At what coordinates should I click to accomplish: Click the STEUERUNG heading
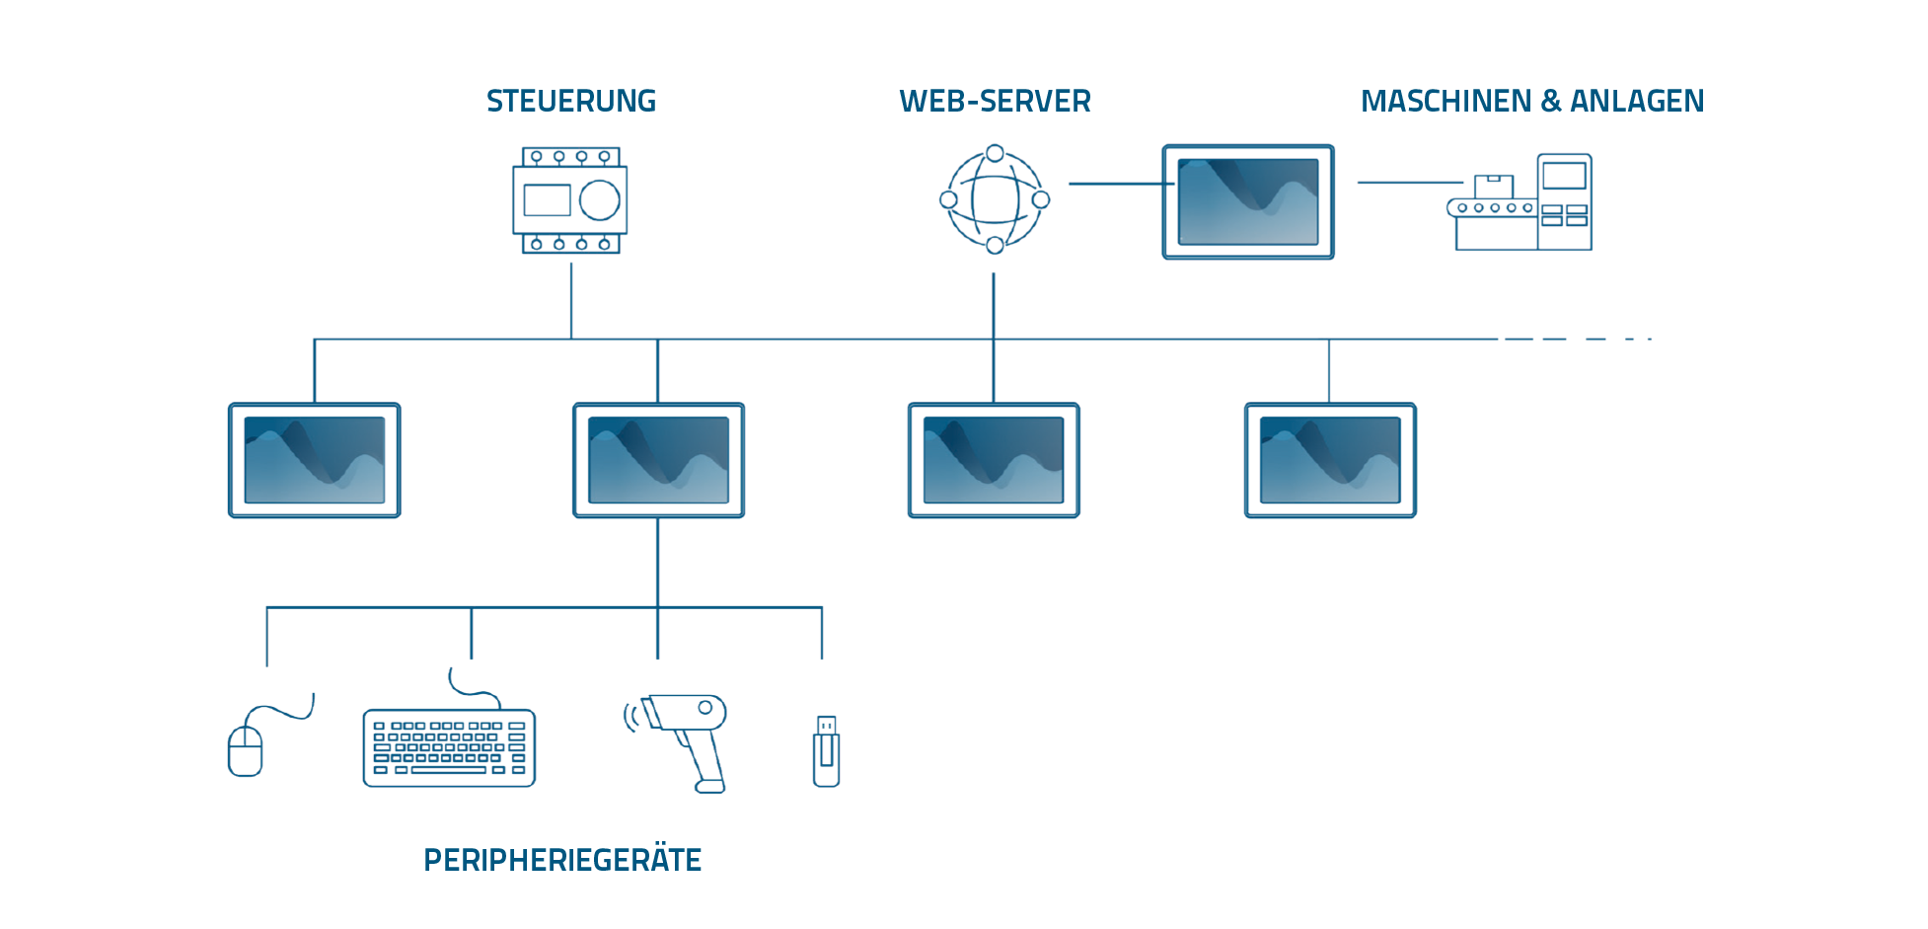(570, 101)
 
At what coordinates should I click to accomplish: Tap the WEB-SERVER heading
(995, 101)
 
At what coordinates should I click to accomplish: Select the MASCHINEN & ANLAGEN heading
(1531, 101)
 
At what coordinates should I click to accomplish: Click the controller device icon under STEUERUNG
(569, 200)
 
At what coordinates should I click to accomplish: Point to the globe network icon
(994, 199)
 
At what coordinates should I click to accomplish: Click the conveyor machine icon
(1520, 202)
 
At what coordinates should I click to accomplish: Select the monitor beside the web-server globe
(1247, 201)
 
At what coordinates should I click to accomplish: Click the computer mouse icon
(246, 750)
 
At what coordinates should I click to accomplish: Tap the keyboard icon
(449, 747)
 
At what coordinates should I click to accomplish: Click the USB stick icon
(826, 751)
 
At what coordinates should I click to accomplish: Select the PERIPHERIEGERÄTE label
(562, 860)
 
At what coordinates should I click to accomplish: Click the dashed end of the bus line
(1579, 339)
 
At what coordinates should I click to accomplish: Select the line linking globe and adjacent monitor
(1115, 184)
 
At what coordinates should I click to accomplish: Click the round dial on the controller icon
(599, 200)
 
